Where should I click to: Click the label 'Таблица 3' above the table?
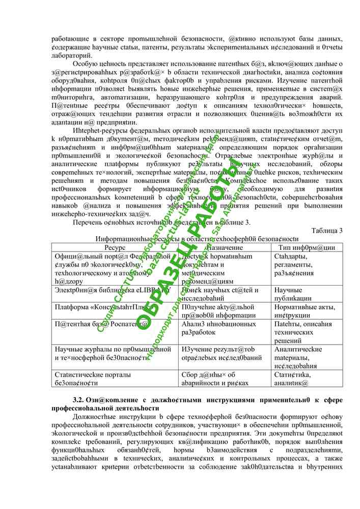coord(327,231)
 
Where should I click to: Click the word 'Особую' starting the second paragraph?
coord(87,64)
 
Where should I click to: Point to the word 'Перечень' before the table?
coord(89,221)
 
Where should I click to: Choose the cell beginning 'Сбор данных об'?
coord(214,379)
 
